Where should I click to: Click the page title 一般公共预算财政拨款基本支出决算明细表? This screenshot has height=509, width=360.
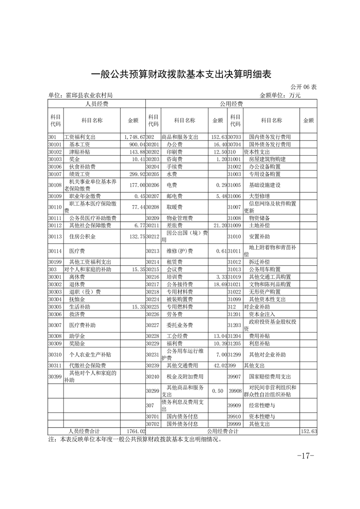[x=181, y=74]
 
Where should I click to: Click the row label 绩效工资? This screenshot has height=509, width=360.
[x=79, y=174]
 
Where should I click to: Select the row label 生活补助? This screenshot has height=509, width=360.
[x=79, y=307]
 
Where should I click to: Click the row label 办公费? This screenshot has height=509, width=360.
[x=174, y=144]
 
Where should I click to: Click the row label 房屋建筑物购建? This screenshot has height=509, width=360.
[x=267, y=159]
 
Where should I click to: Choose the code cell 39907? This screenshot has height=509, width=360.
[x=234, y=377]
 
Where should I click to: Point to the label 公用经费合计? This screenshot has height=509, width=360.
[x=222, y=431]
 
